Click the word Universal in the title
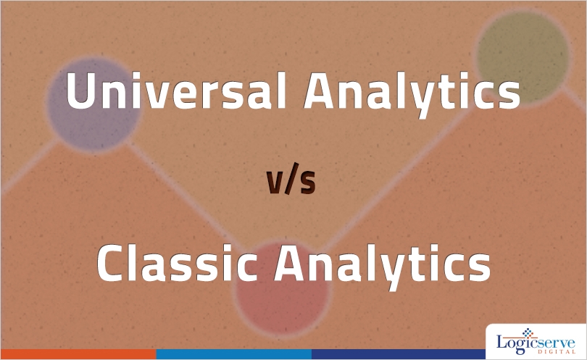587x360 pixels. pos(177,91)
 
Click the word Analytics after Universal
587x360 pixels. pos(412,93)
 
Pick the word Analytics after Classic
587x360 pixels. pos(382,267)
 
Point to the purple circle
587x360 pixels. pos(94,104)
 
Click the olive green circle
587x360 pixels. pos(523,57)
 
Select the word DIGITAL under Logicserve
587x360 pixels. pos(557,352)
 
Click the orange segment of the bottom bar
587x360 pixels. pos(78,354)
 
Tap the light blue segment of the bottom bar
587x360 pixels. pos(234,354)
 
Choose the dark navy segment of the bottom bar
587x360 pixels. pos(399,354)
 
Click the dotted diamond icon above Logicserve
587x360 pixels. pos(528,332)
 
